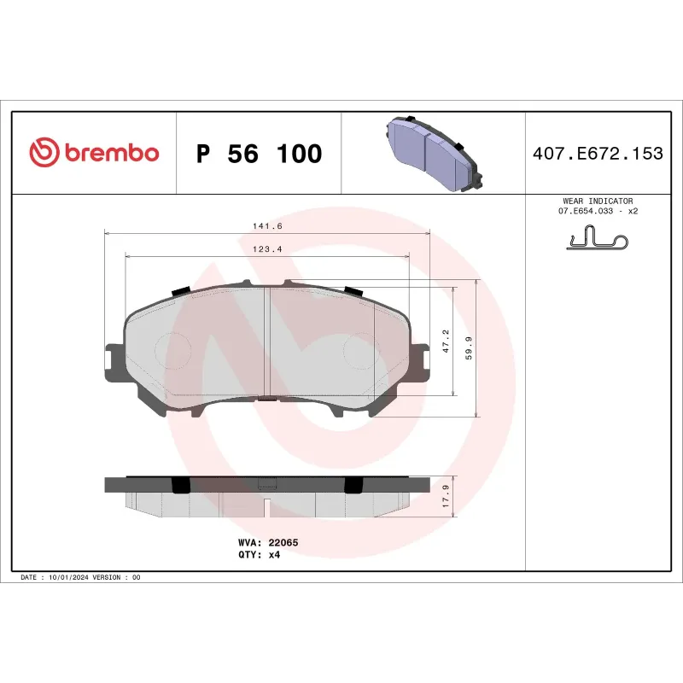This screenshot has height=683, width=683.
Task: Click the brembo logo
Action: point(94,153)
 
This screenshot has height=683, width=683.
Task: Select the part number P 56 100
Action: point(259,154)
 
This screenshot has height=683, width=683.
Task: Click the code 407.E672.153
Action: point(597,154)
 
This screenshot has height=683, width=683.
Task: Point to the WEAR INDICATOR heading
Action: point(598,201)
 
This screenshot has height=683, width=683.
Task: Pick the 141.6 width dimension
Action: point(267,225)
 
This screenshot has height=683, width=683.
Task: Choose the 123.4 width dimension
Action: point(267,248)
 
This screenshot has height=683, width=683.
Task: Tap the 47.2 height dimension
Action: point(445,342)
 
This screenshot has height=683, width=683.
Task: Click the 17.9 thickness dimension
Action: point(445,496)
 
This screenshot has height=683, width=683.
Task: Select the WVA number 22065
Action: point(282,542)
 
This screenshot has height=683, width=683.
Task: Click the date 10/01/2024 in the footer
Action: point(70,578)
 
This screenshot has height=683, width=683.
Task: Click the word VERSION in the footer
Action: point(108,578)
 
